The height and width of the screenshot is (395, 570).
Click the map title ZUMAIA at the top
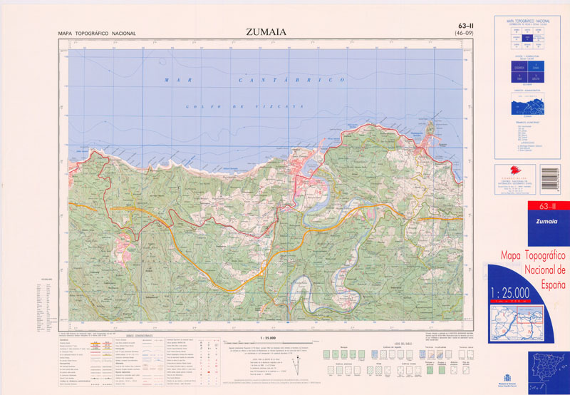(x=267, y=31)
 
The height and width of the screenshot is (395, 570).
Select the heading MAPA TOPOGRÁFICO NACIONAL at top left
(x=97, y=34)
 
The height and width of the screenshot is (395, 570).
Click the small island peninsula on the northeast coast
(x=430, y=130)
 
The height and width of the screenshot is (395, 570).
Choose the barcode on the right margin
(x=551, y=181)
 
